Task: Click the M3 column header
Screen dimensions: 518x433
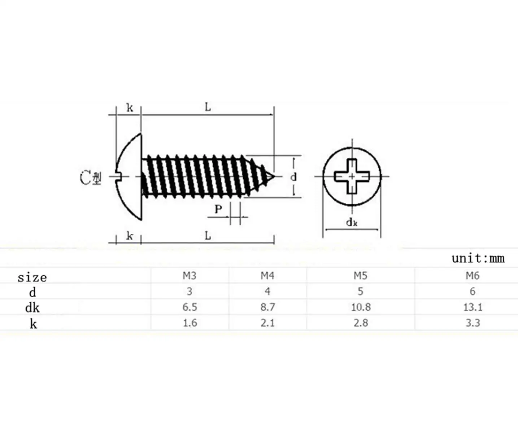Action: (190, 276)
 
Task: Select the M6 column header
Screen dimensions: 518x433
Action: (473, 276)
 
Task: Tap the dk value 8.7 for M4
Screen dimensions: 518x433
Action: (268, 307)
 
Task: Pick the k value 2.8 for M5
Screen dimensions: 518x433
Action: (361, 323)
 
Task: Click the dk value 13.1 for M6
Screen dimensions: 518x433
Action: (473, 307)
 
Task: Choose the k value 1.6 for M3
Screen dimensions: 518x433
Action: (190, 323)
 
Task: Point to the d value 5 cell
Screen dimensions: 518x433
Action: (361, 292)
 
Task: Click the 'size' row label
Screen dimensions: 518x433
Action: (32, 277)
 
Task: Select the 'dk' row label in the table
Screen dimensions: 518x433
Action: (32, 308)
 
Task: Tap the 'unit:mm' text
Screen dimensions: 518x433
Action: (478, 258)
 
